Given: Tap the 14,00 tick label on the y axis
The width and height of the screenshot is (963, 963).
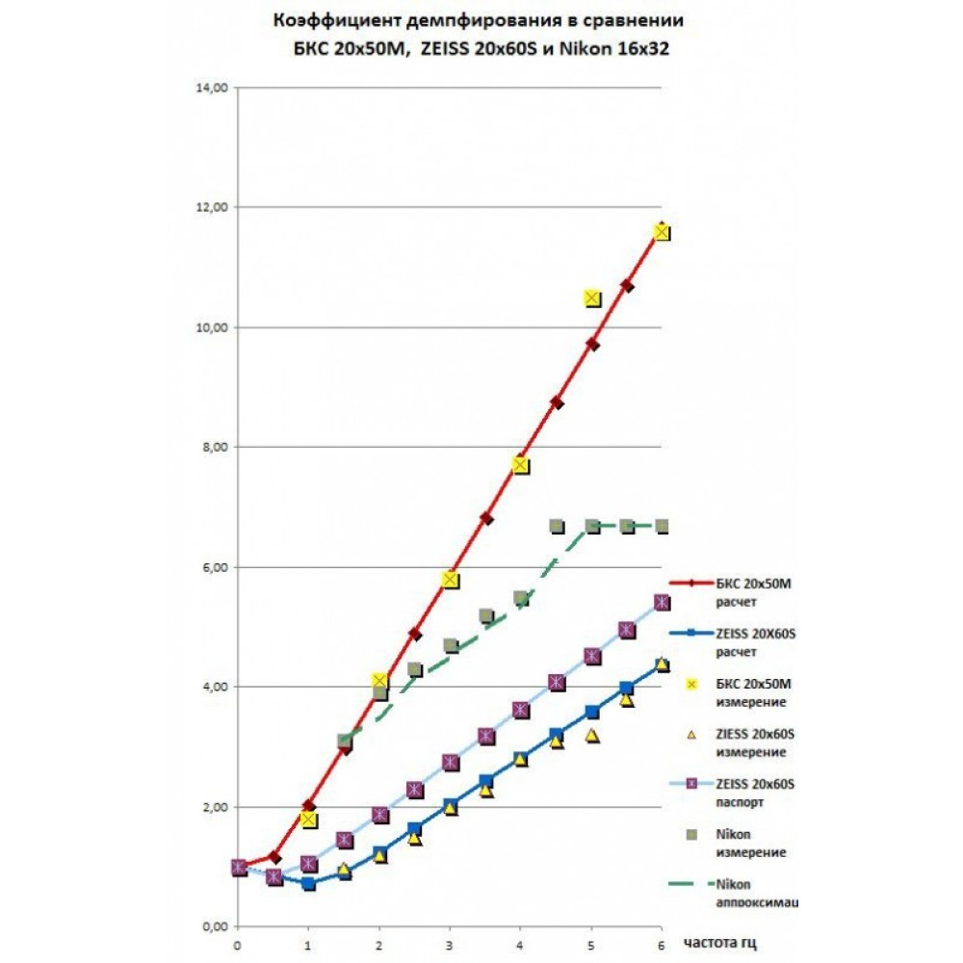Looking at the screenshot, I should (212, 88).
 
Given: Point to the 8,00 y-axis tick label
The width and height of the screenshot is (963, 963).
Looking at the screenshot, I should (212, 447).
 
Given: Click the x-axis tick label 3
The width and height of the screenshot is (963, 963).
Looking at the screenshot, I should (450, 946).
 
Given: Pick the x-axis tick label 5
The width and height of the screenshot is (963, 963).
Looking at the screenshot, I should (590, 946).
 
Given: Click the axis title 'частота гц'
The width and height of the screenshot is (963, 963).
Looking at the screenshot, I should (725, 942).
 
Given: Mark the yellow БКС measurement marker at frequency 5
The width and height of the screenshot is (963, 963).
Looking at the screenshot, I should (592, 299).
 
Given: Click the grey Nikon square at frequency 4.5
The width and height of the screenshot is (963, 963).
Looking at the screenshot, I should (557, 526).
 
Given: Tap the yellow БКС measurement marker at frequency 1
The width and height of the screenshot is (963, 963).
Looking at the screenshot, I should (309, 820).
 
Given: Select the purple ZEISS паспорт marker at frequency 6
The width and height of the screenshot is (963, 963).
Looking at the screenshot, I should (662, 602).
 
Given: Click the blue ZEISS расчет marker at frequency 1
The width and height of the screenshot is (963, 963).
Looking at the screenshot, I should (309, 883).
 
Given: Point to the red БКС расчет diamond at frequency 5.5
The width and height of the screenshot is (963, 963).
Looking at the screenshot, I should (627, 286).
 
